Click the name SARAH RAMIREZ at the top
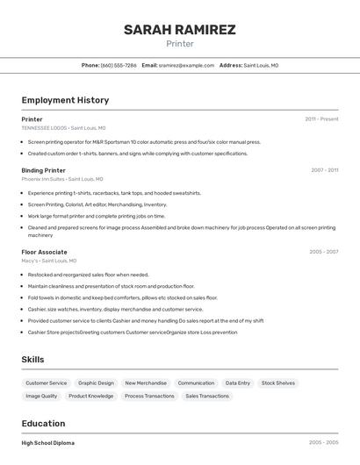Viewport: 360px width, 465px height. point(179,30)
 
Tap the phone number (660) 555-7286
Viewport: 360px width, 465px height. point(119,65)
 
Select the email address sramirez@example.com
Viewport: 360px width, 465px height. point(186,65)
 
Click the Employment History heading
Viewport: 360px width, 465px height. point(65,100)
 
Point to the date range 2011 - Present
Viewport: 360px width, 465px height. point(321,119)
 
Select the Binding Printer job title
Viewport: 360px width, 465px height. point(43,170)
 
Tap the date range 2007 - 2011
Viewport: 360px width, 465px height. point(324,170)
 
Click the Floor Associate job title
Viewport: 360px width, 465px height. point(44,252)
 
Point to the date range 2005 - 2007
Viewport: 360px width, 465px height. point(323,252)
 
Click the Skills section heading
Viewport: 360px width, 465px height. point(33,360)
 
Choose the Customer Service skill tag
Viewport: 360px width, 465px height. point(47,383)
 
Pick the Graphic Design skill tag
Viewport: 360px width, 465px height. point(96,383)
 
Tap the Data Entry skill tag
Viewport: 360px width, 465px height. point(237,383)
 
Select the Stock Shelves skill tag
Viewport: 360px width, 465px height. point(278,383)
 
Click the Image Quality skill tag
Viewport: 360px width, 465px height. point(41,397)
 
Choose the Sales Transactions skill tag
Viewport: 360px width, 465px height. point(207,397)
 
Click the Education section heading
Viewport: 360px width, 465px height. point(43,423)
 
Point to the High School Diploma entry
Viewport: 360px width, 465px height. point(48,443)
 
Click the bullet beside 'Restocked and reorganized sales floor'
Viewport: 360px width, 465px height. point(23,275)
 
